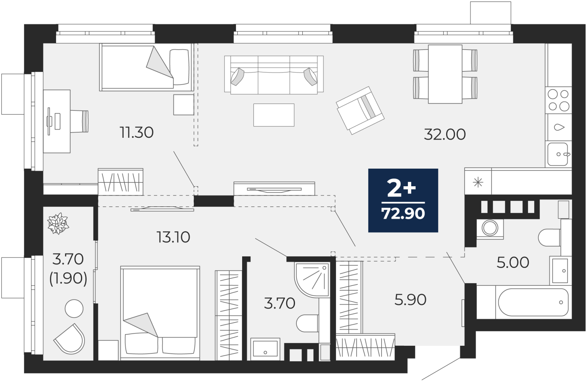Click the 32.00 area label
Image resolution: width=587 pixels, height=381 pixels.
445,134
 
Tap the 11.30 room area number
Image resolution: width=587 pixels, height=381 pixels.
136,133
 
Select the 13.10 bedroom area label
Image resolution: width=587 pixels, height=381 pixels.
173,237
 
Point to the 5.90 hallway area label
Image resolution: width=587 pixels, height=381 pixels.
411,300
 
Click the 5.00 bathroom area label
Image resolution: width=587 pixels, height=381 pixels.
513,263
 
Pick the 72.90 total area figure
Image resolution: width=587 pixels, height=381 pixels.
403,213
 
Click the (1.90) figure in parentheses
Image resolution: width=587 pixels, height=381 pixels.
68,278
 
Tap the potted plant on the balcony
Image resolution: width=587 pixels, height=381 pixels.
58,223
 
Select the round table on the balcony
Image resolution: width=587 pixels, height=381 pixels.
74,309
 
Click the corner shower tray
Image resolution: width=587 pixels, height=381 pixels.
312,280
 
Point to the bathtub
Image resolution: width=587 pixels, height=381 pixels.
533,302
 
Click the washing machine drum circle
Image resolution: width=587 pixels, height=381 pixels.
490,228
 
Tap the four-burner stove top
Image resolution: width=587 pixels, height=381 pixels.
558,100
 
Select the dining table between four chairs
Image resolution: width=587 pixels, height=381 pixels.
445,74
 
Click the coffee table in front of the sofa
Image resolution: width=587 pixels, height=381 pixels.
274,115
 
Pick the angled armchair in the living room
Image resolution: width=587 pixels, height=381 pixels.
360,111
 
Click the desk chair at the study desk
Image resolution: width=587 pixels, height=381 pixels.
79,121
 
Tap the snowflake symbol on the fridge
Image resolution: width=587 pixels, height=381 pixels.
478,182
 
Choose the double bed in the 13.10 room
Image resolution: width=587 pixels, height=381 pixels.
160,313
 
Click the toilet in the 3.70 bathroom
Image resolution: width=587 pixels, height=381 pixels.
307,323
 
